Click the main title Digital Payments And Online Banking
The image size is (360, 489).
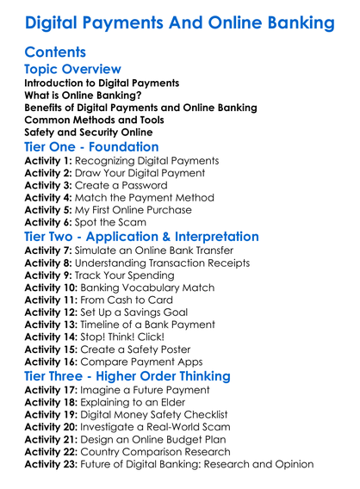point(179,22)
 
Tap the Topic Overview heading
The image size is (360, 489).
point(73,69)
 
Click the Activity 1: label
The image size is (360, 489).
point(50,162)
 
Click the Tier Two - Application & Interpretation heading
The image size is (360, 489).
point(152,237)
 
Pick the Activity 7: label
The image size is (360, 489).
point(50,251)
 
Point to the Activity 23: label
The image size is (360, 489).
point(53,466)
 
